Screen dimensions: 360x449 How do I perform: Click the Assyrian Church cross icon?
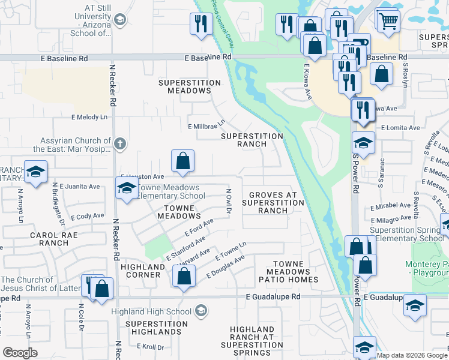120,143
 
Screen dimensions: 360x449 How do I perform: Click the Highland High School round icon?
201,311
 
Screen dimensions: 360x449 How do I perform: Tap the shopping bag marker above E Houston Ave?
183,161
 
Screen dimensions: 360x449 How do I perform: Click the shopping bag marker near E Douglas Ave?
184,277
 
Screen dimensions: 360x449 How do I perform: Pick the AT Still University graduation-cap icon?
119,20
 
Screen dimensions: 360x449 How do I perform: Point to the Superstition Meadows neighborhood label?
184,86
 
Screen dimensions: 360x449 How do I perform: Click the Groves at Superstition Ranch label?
273,203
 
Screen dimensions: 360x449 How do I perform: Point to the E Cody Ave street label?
88,216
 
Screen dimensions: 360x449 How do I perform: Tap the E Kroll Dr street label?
150,347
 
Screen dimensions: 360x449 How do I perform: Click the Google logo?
20,353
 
